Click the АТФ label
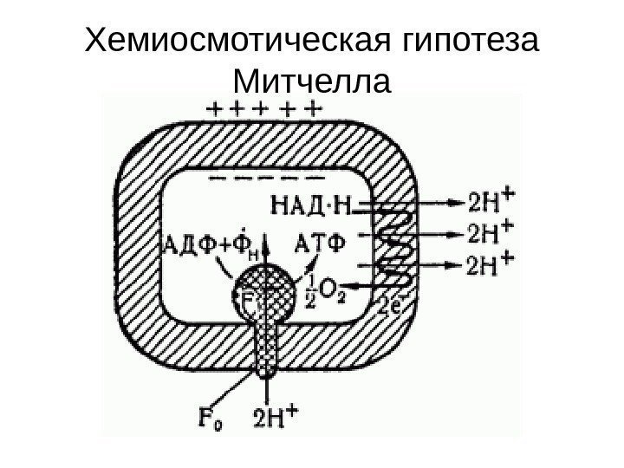pyautogui.click(x=322, y=242)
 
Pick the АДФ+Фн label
pyautogui.click(x=209, y=243)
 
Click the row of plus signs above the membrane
pyautogui.click(x=264, y=109)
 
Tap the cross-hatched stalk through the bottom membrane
pyautogui.click(x=263, y=347)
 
